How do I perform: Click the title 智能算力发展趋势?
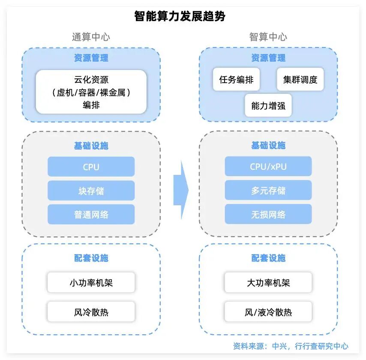coord(180,17)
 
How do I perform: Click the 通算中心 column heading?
coord(91,37)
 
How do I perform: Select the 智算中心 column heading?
coord(268,37)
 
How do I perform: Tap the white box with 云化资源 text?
coord(91,92)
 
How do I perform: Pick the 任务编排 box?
coord(236,79)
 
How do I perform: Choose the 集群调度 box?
coord(300,79)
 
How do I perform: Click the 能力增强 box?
coord(268,105)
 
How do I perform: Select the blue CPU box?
coord(91,167)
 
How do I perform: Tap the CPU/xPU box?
coord(268,167)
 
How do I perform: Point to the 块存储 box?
coord(91,191)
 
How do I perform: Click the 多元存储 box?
coord(268,191)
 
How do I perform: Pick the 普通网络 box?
coord(91,214)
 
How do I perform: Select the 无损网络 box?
coord(268,214)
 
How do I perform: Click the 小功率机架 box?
coord(91,283)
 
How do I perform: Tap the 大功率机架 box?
coord(268,283)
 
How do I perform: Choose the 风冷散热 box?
coord(91,312)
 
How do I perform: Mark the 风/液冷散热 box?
coord(268,312)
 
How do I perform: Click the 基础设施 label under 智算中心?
coord(268,146)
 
